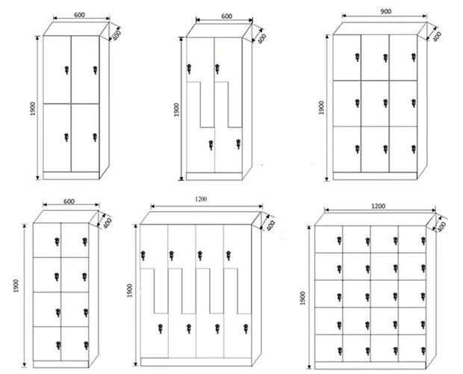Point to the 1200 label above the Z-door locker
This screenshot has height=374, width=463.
(201, 199)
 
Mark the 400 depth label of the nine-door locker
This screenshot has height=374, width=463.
(437, 35)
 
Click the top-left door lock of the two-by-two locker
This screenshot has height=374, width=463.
(66, 70)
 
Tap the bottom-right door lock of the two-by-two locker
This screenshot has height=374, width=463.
(95, 137)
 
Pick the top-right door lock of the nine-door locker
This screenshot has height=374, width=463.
(413, 58)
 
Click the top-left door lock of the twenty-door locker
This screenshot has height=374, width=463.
(339, 240)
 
